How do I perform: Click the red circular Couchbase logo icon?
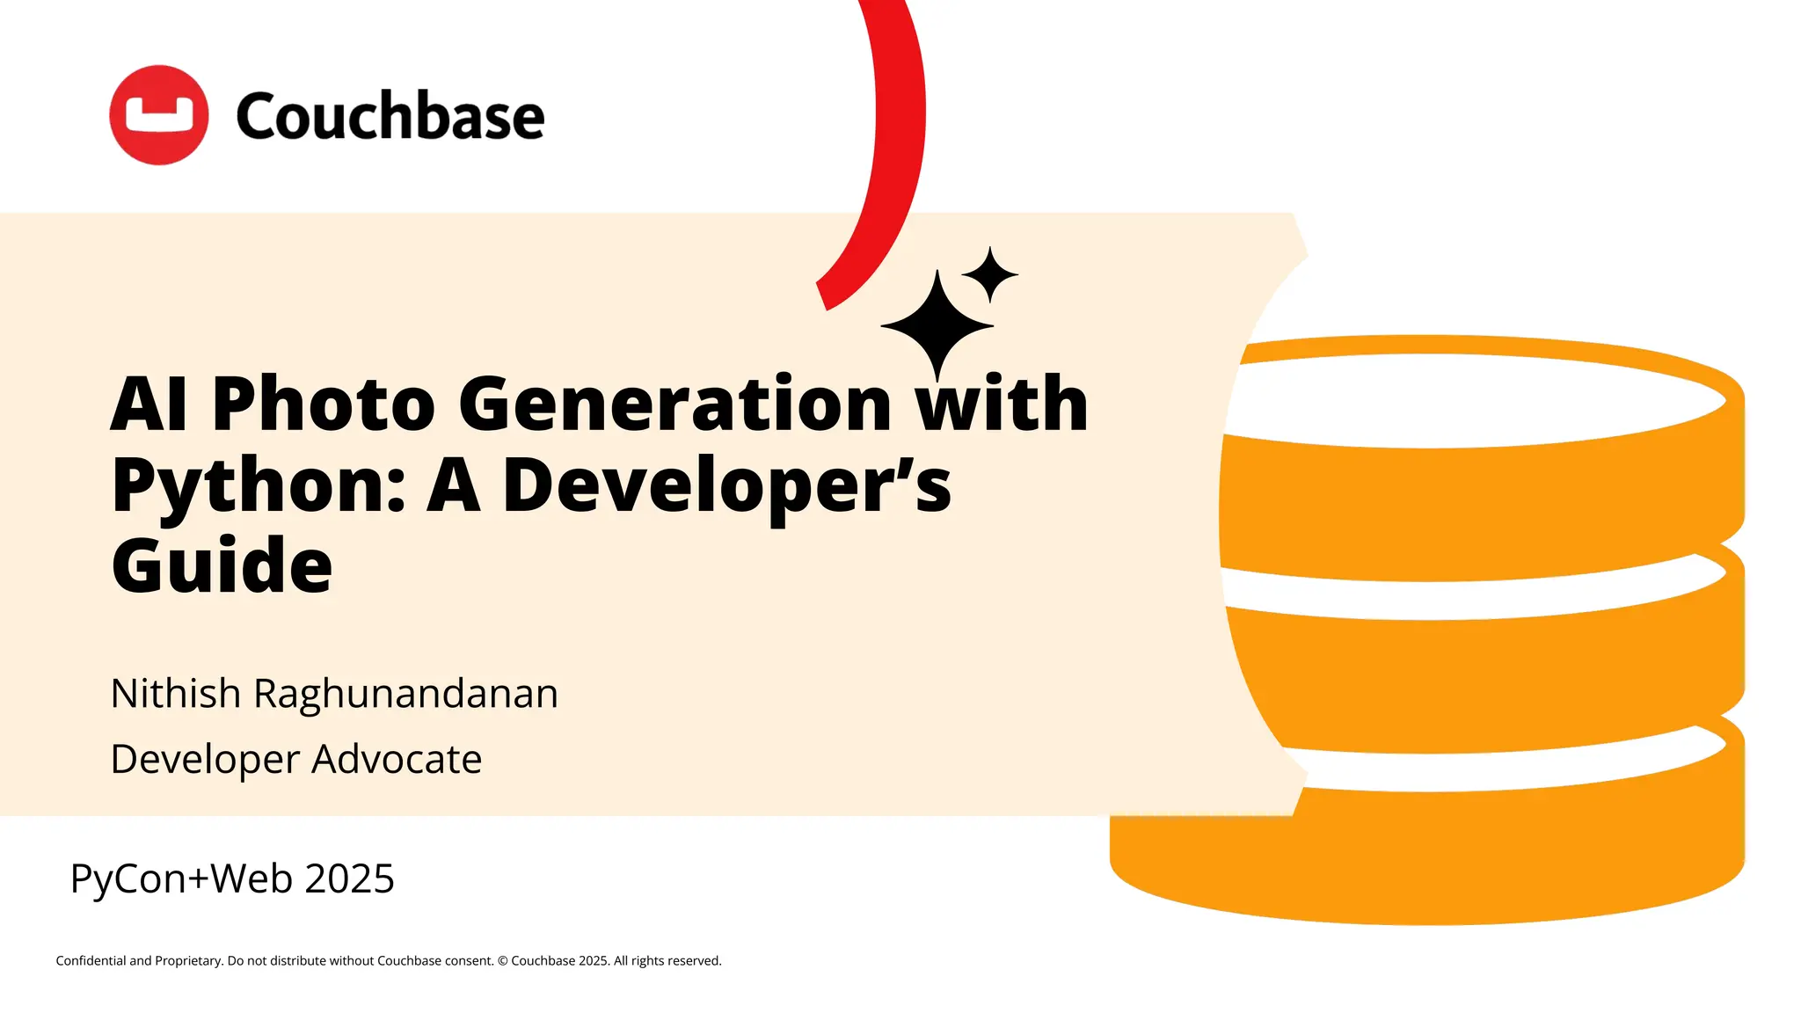pyautogui.click(x=158, y=114)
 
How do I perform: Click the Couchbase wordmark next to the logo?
pyautogui.click(x=390, y=116)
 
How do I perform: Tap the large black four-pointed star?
pyautogui.click(x=937, y=325)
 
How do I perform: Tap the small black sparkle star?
pyautogui.click(x=990, y=274)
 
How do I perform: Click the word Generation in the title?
pyautogui.click(x=675, y=404)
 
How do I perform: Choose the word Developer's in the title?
pyautogui.click(x=726, y=486)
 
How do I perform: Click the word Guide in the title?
pyautogui.click(x=222, y=565)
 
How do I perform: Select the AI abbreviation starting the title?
pyautogui.click(x=149, y=404)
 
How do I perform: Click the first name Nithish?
pyautogui.click(x=176, y=693)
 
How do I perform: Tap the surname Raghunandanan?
pyautogui.click(x=405, y=695)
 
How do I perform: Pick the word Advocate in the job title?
pyautogui.click(x=397, y=759)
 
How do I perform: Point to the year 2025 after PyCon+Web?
pyautogui.click(x=349, y=878)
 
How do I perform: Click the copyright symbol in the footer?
pyautogui.click(x=503, y=961)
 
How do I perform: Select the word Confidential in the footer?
pyautogui.click(x=91, y=961)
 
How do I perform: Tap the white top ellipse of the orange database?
pyautogui.click(x=1477, y=401)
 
